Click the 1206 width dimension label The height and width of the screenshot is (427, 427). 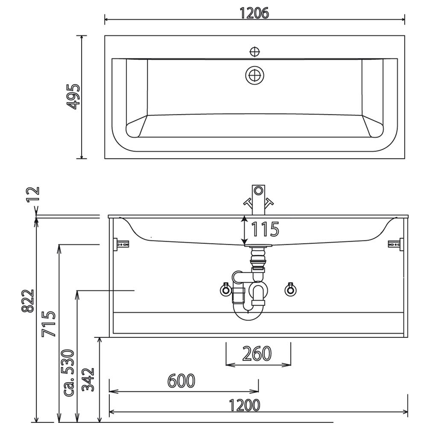(254, 13)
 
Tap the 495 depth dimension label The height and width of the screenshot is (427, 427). (73, 97)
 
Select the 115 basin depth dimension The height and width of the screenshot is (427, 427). (265, 229)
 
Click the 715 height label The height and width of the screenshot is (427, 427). (49, 324)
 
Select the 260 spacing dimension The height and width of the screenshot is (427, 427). (257, 354)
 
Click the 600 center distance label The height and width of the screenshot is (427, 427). (181, 380)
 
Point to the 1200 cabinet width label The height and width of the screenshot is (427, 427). (244, 405)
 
